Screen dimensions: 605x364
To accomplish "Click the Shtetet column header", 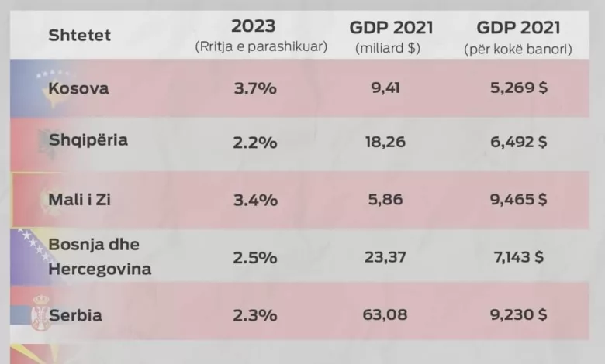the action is pyautogui.click(x=79, y=35).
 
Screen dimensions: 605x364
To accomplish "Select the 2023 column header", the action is pyautogui.click(x=254, y=26).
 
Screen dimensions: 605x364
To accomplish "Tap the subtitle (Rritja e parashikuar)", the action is pyautogui.click(x=261, y=46).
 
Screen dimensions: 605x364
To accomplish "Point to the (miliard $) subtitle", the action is pyautogui.click(x=388, y=48).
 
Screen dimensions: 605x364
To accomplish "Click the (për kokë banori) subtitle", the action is pyautogui.click(x=518, y=49).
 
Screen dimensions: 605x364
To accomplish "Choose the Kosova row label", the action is pyautogui.click(x=78, y=88).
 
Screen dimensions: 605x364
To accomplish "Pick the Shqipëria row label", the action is pyautogui.click(x=88, y=140).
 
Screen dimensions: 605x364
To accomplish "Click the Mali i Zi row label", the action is pyautogui.click(x=79, y=200).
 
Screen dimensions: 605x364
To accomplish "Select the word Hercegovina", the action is pyautogui.click(x=99, y=269).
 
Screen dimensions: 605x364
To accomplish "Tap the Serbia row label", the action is pyautogui.click(x=76, y=315).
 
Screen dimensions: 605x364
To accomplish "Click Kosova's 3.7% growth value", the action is pyautogui.click(x=255, y=88).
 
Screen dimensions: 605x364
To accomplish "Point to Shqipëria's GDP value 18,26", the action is pyautogui.click(x=385, y=142).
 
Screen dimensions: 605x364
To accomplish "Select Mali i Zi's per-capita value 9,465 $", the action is pyautogui.click(x=519, y=200).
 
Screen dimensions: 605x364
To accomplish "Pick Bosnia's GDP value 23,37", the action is pyautogui.click(x=385, y=257).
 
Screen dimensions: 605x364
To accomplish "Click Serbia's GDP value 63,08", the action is pyautogui.click(x=385, y=314).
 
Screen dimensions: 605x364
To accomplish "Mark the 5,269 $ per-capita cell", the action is pyautogui.click(x=519, y=88).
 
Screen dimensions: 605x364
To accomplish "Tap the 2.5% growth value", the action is pyautogui.click(x=255, y=258).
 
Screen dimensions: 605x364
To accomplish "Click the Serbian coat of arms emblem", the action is pyautogui.click(x=41, y=312).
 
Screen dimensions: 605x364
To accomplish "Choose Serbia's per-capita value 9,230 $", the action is pyautogui.click(x=519, y=314).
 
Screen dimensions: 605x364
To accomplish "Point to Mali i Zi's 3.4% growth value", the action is pyautogui.click(x=255, y=200).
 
